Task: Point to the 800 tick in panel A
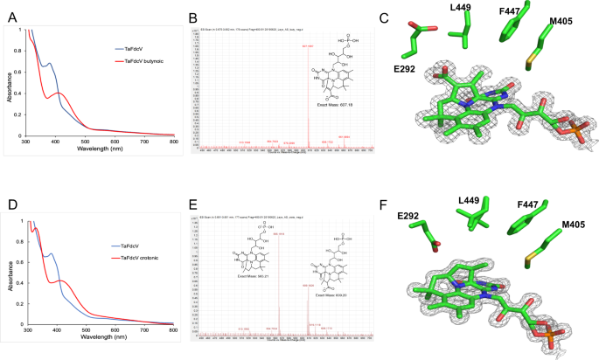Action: point(173,142)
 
